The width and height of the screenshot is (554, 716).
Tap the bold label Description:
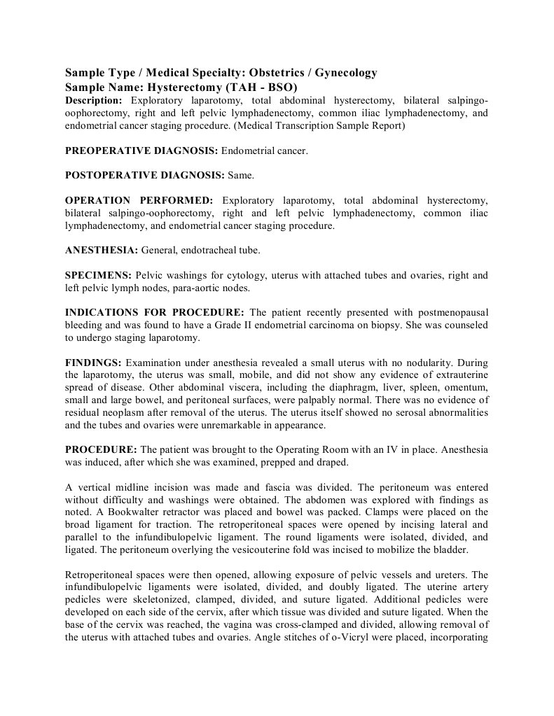pos(94,101)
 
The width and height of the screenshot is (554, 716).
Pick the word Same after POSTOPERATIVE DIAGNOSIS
pos(239,175)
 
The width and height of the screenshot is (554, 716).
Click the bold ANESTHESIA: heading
pos(102,250)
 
